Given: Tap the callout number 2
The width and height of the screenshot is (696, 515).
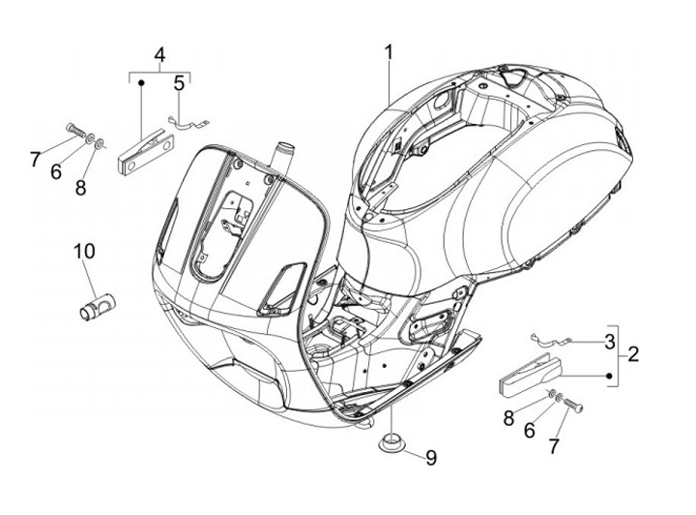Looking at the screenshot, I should coord(633,354).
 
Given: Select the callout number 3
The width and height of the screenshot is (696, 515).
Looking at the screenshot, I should coord(609,341).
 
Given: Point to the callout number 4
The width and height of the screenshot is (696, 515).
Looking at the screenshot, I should coord(159,53).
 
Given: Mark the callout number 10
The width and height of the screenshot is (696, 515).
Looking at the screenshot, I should coord(84,252).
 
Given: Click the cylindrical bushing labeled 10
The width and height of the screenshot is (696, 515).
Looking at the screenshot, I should coord(96,303).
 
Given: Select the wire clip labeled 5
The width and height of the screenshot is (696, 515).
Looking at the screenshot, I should coord(189,123).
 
